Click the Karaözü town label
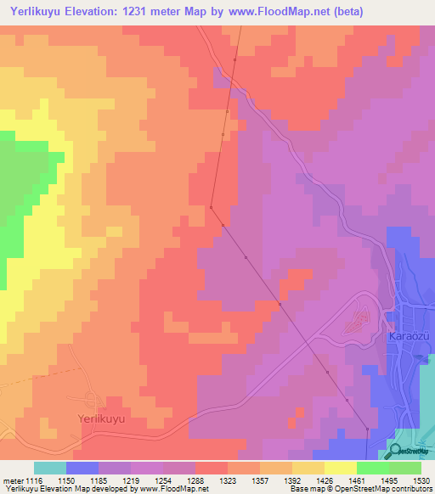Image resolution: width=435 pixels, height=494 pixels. tap(405, 336)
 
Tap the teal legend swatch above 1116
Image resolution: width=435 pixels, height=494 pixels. tap(49, 468)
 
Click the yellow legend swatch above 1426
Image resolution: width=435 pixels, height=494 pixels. tap(340, 468)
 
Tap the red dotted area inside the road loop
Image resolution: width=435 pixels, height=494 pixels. tap(357, 321)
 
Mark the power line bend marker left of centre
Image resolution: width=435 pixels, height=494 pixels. tap(211, 205)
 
